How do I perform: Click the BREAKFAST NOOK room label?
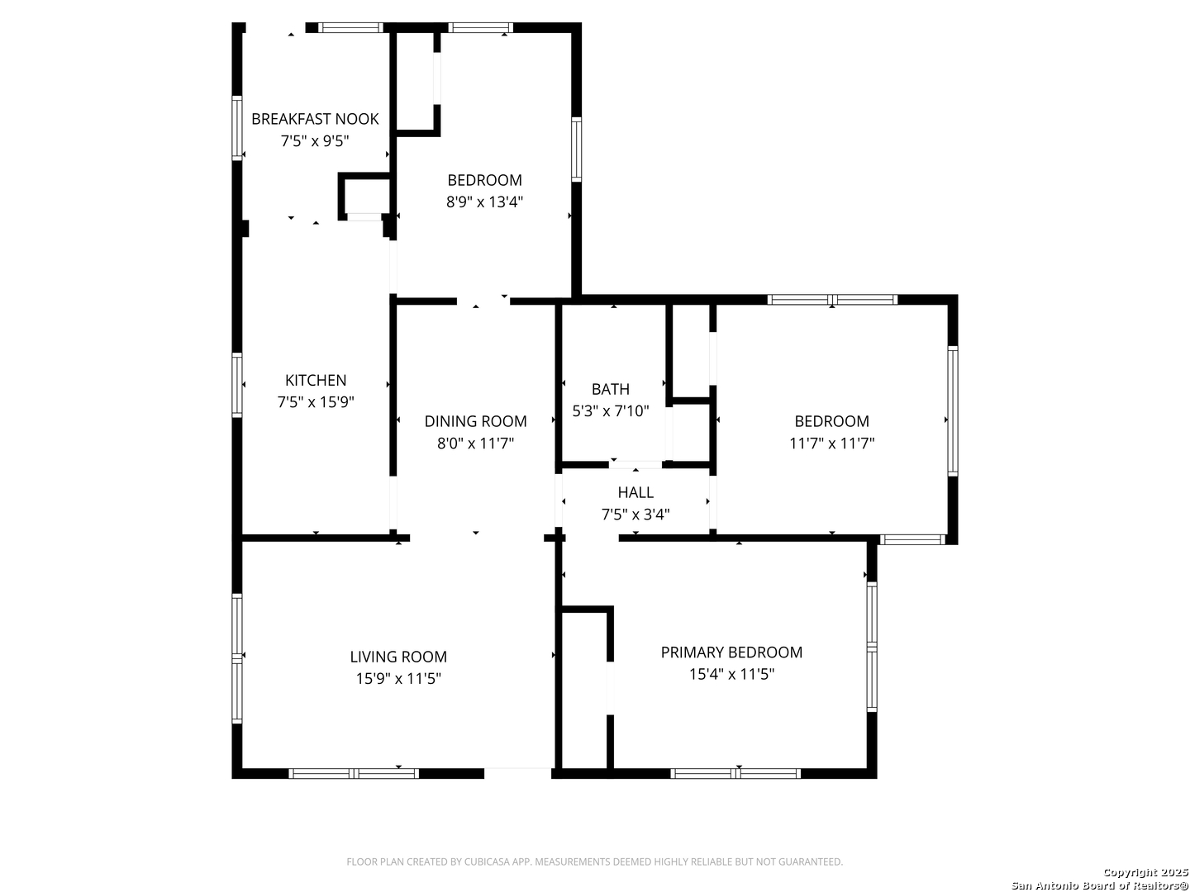coord(315,119)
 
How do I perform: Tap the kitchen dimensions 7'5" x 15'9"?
coord(315,402)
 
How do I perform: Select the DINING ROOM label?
coord(475,421)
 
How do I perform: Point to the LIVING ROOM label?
coord(398,657)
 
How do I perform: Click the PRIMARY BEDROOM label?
coord(731,652)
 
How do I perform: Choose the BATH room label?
coord(610,389)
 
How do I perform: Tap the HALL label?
coord(635,492)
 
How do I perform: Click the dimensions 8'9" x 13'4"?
coord(484,202)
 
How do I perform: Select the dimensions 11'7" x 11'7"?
coord(831,444)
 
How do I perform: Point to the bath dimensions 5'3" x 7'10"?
coord(611,411)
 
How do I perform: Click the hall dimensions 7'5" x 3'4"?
coord(635,514)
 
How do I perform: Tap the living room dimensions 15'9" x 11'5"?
coord(398,679)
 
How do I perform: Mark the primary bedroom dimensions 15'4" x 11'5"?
coord(731,674)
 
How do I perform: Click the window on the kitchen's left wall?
coord(237,385)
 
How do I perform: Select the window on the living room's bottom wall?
coord(354,773)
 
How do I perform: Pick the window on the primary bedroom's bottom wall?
coord(735,773)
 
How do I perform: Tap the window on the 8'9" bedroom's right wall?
coord(576,149)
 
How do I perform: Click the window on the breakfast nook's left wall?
coord(237,128)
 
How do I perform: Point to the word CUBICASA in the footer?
coord(483,861)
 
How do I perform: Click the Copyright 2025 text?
coord(1145,872)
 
